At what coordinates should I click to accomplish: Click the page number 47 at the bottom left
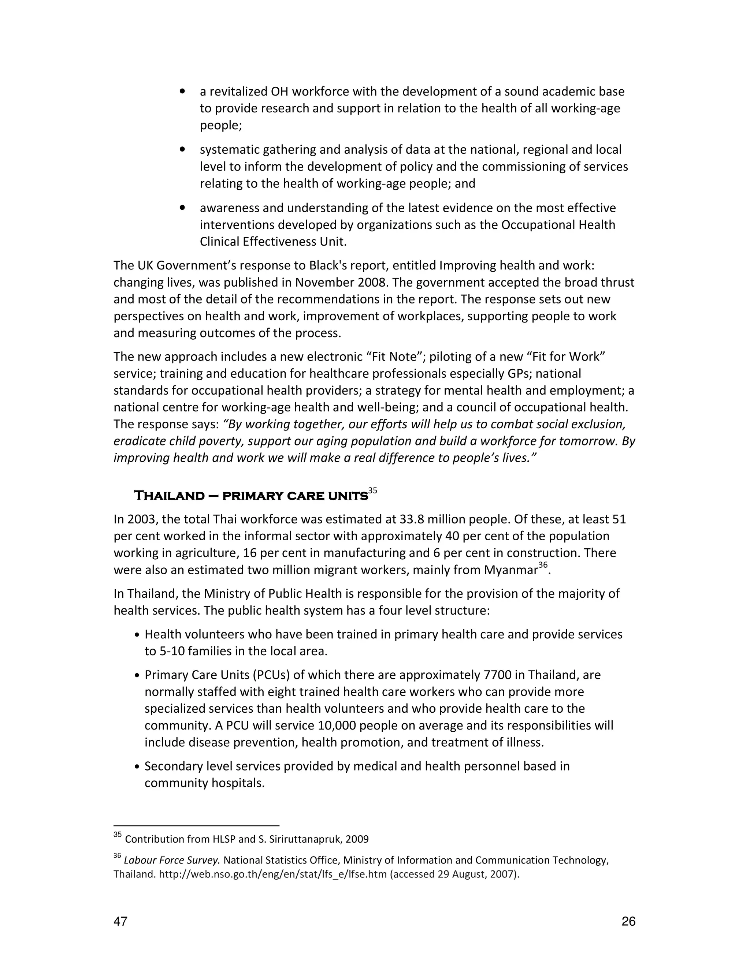(x=120, y=922)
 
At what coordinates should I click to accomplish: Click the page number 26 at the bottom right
(x=628, y=922)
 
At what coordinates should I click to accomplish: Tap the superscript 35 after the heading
(x=373, y=490)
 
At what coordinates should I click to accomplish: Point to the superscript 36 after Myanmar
(x=543, y=564)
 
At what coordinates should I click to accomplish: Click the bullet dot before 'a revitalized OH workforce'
(x=182, y=92)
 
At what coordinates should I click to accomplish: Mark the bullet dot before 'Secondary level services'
(x=137, y=766)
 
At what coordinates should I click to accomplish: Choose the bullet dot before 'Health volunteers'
(x=137, y=635)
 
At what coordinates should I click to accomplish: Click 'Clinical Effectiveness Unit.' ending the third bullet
(x=273, y=242)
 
